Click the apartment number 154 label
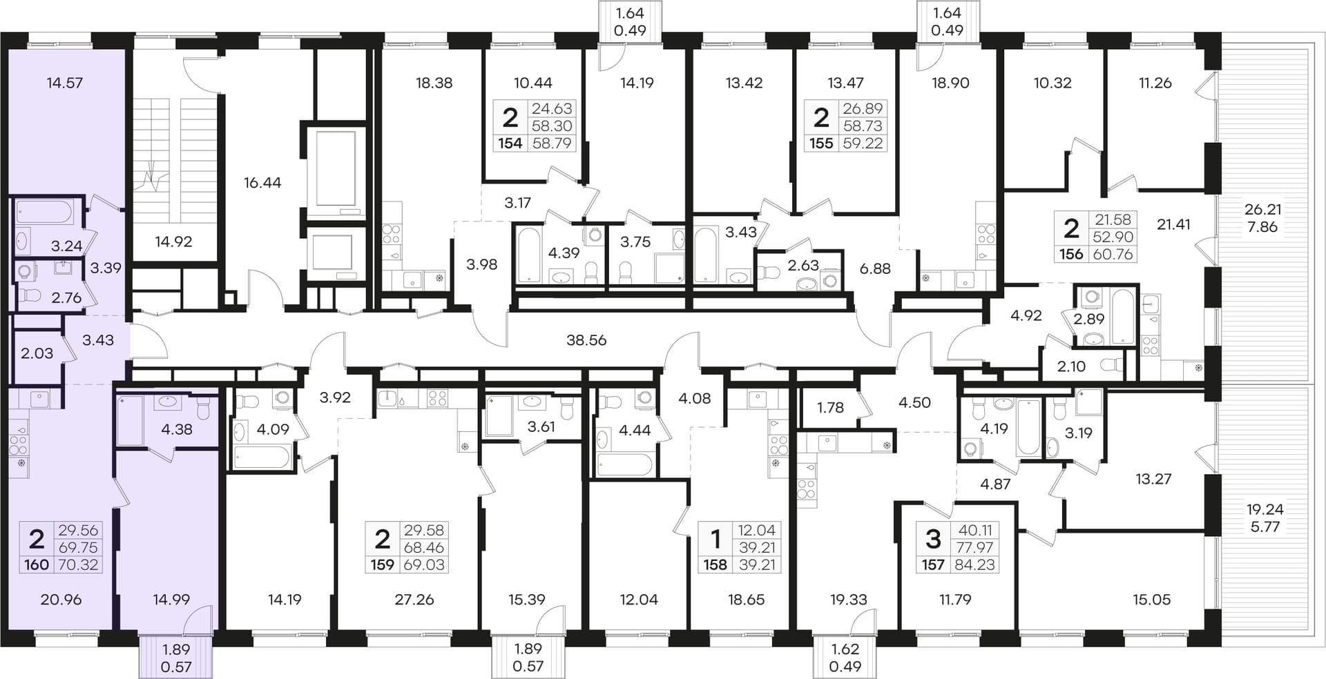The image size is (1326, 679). [x=510, y=144]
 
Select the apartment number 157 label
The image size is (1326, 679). [x=933, y=565]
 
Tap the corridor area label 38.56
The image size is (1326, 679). [x=586, y=340]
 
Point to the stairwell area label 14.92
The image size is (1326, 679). [x=173, y=242]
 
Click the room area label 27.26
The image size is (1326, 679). [x=414, y=600]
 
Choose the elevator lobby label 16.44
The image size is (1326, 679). [x=262, y=183]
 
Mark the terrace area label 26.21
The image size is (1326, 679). [x=1263, y=209]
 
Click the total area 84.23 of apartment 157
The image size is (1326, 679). [x=975, y=565]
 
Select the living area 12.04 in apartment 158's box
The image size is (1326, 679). [x=757, y=530]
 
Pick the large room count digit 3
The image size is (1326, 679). [x=933, y=537]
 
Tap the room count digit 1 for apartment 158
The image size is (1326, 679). [x=715, y=538]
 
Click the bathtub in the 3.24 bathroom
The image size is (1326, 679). [x=44, y=212]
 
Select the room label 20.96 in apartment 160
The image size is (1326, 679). [x=61, y=600]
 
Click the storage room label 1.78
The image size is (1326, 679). [x=830, y=408]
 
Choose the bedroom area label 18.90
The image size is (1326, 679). [x=950, y=83]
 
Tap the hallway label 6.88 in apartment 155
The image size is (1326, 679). [x=875, y=268]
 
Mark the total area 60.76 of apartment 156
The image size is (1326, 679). [x=1113, y=254]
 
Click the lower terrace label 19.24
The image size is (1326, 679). [x=1265, y=509]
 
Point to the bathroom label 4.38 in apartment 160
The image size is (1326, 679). [x=177, y=429]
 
